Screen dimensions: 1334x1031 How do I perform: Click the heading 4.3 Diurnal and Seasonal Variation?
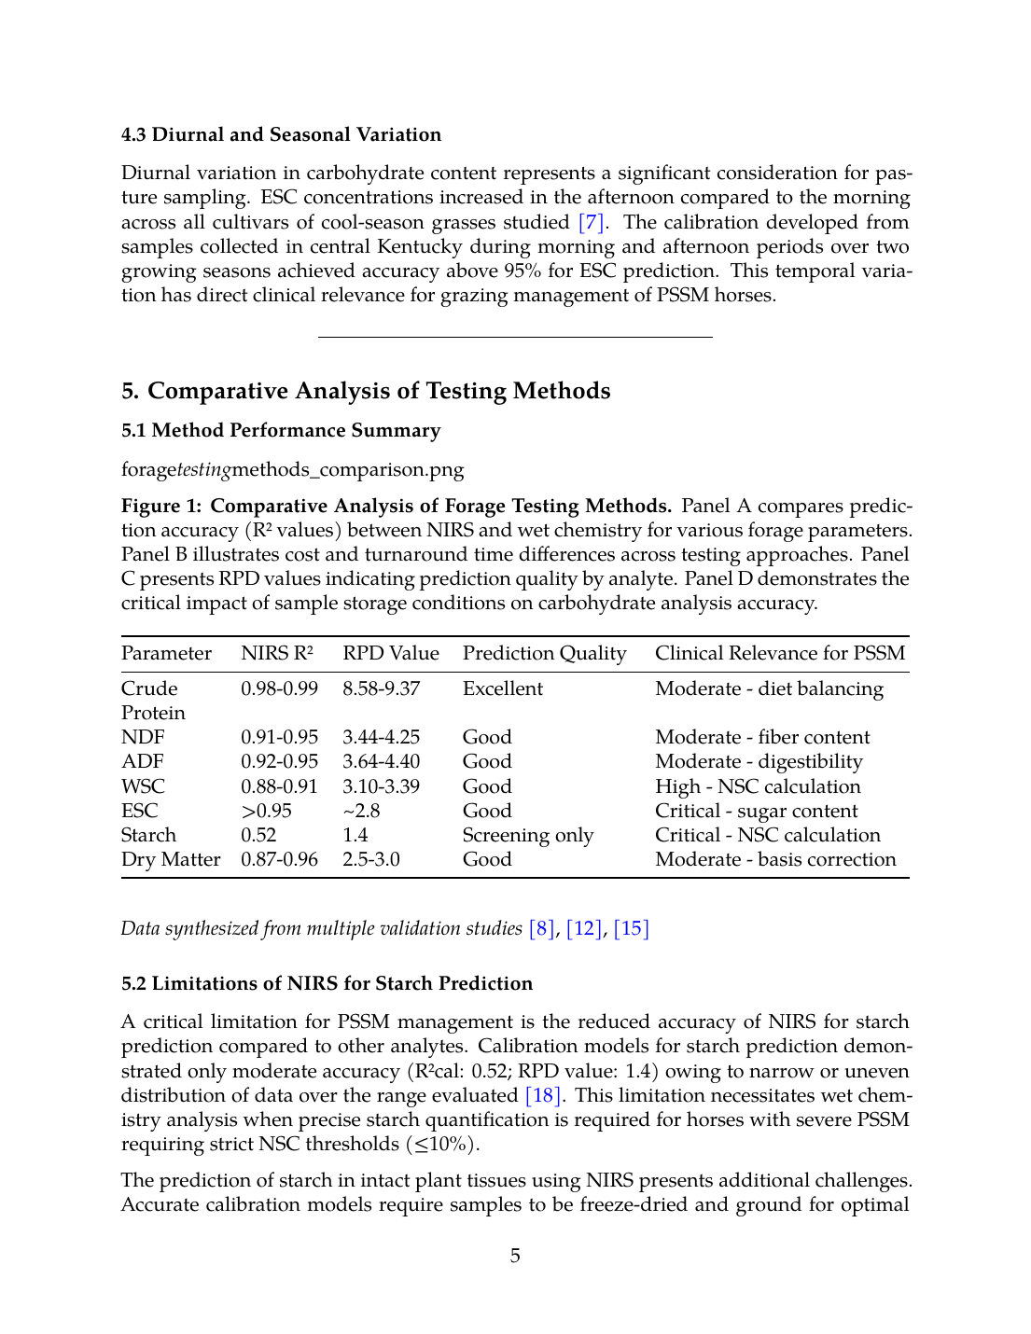(x=281, y=134)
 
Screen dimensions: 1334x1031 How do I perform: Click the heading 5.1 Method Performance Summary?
(x=281, y=430)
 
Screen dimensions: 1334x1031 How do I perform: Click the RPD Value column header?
(x=390, y=653)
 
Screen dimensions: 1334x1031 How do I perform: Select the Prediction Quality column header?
(x=544, y=653)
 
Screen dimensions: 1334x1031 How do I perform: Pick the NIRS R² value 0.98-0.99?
(x=279, y=688)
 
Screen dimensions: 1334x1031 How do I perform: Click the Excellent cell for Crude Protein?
(x=502, y=688)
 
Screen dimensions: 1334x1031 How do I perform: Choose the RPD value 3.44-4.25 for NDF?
(x=381, y=737)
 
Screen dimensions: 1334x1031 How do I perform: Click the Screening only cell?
(x=527, y=835)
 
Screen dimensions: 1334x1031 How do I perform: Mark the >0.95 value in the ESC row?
(x=266, y=811)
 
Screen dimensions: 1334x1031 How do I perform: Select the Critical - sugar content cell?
(x=756, y=811)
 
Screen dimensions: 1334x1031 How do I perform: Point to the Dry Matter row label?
(x=171, y=859)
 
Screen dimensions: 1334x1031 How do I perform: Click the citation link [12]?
(x=584, y=928)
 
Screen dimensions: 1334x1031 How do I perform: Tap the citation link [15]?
(x=631, y=928)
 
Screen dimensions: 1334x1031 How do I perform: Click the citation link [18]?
(x=543, y=1095)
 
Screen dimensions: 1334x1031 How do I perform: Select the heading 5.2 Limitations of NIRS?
(x=327, y=983)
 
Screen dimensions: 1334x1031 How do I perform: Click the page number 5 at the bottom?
(x=515, y=1256)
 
